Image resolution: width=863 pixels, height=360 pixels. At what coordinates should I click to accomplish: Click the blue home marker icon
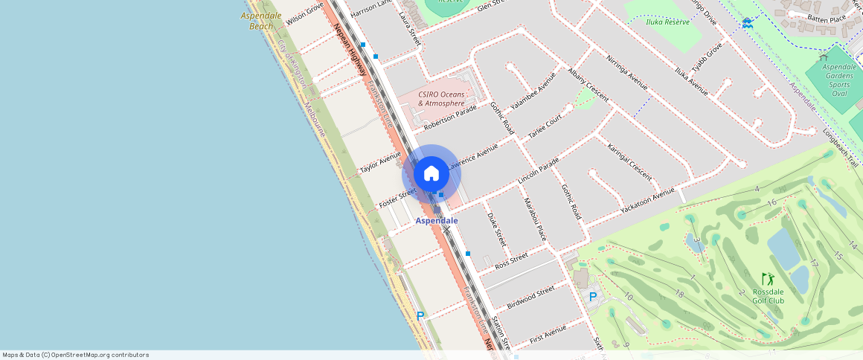(431, 174)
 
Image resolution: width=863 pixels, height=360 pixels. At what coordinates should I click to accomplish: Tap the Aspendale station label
(437, 221)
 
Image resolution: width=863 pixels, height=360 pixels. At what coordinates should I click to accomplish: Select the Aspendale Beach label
(261, 21)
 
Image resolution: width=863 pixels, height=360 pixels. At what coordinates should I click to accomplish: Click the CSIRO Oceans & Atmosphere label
(441, 99)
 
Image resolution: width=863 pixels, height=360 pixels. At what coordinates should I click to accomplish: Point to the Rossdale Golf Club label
(768, 296)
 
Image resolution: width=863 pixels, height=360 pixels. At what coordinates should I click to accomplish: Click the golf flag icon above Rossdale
(767, 279)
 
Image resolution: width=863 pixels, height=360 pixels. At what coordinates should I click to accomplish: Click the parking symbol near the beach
(420, 316)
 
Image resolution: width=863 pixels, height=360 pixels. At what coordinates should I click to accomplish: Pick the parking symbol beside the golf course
(593, 297)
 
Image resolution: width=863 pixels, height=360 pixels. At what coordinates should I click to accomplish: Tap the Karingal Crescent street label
(629, 162)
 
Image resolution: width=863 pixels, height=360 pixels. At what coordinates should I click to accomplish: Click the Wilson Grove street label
(304, 13)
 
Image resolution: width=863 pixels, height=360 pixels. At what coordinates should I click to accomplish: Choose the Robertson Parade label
(450, 118)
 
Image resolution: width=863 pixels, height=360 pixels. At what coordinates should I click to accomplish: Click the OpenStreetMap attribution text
(75, 355)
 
